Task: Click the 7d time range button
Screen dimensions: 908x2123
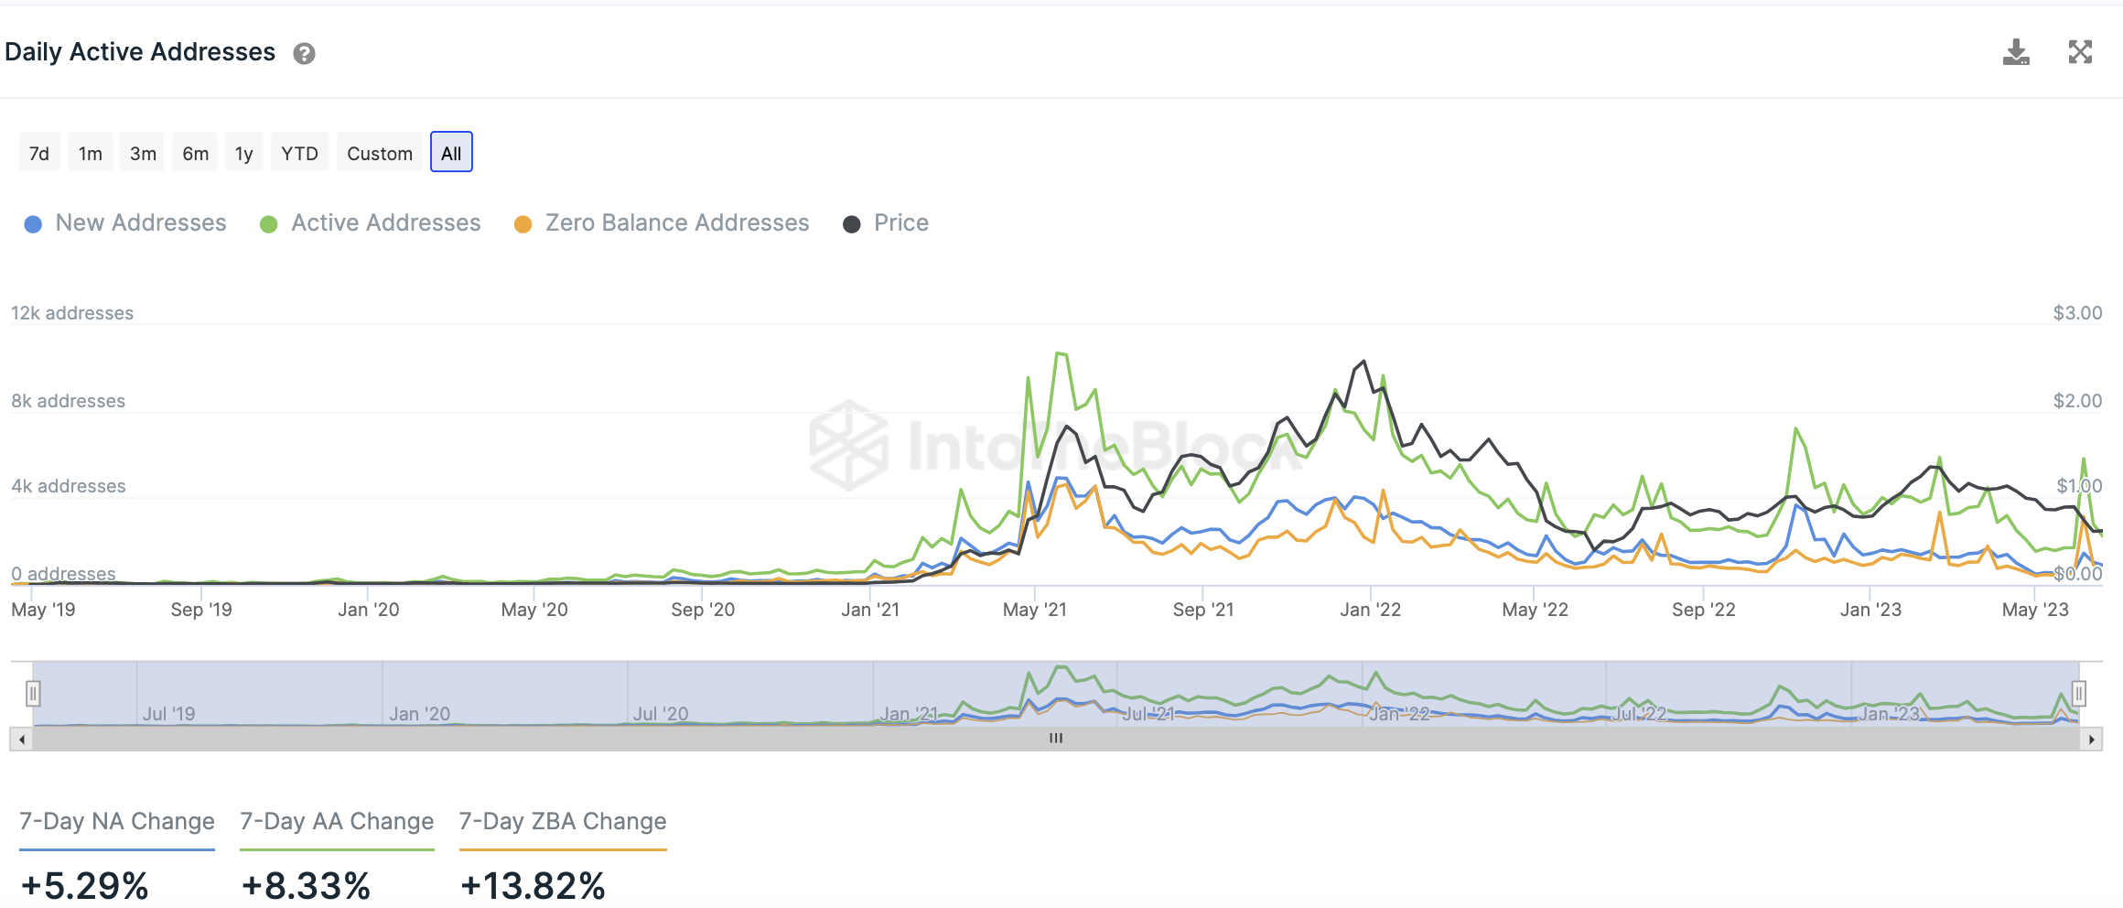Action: [x=39, y=153]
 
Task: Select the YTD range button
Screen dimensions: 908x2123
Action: [x=299, y=153]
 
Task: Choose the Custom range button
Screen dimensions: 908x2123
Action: [x=380, y=153]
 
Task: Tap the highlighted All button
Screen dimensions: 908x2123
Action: [x=451, y=153]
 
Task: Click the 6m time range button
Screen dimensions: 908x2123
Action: [x=195, y=153]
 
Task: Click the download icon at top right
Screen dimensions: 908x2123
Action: [x=2016, y=52]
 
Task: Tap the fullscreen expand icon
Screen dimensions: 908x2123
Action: [x=2080, y=52]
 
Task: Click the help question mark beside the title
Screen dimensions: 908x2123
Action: [x=304, y=54]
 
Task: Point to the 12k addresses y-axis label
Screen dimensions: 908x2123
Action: [x=72, y=313]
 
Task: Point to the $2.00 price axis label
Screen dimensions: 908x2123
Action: [x=2077, y=401]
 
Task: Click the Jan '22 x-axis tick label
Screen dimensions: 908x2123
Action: [x=1370, y=610]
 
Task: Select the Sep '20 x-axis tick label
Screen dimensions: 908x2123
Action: [x=703, y=610]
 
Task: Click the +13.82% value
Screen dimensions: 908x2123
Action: [x=533, y=885]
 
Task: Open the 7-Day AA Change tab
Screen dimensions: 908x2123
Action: [x=337, y=821]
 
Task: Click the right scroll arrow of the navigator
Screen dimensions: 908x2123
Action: [x=2091, y=739]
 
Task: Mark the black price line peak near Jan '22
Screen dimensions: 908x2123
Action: [x=1364, y=362]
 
